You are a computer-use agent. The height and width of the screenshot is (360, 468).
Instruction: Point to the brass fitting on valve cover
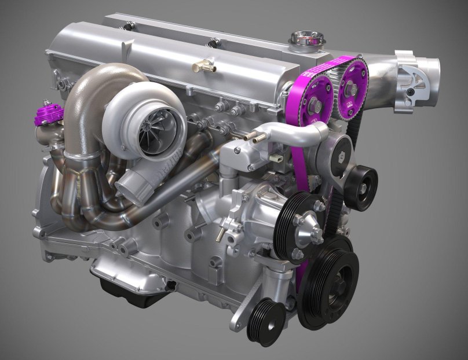point(204,67)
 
